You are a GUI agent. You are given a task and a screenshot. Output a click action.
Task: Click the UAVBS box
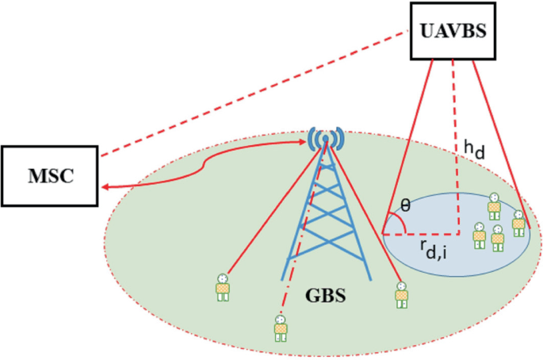(x=446, y=31)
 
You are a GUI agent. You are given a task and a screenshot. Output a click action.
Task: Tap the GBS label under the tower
(x=325, y=300)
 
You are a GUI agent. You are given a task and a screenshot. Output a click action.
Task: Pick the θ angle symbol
(x=405, y=205)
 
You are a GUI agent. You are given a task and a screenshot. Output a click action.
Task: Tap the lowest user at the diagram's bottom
(x=280, y=327)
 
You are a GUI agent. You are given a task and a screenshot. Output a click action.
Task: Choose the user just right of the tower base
(x=401, y=294)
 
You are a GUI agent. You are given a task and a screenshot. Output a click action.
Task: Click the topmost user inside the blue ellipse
(x=494, y=205)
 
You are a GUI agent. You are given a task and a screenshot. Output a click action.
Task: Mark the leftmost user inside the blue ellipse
(x=479, y=236)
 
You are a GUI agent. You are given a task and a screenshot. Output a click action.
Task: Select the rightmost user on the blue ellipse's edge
(x=518, y=221)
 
